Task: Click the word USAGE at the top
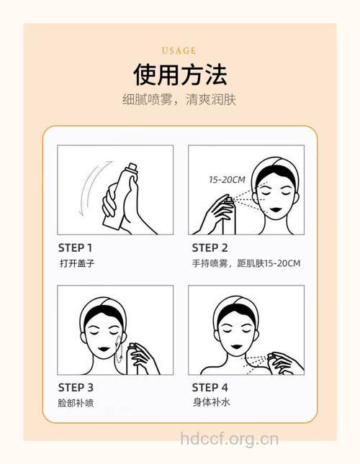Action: (179, 50)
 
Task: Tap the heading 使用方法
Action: (179, 74)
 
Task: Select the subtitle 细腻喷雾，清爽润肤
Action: (179, 99)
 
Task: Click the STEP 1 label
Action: (75, 247)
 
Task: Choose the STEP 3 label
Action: (76, 387)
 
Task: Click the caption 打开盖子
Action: (76, 263)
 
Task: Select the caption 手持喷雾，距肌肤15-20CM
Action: (246, 263)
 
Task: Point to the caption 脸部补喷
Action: (76, 403)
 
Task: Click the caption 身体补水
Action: (211, 402)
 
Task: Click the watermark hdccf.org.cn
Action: (228, 438)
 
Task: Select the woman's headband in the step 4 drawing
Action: (237, 307)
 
